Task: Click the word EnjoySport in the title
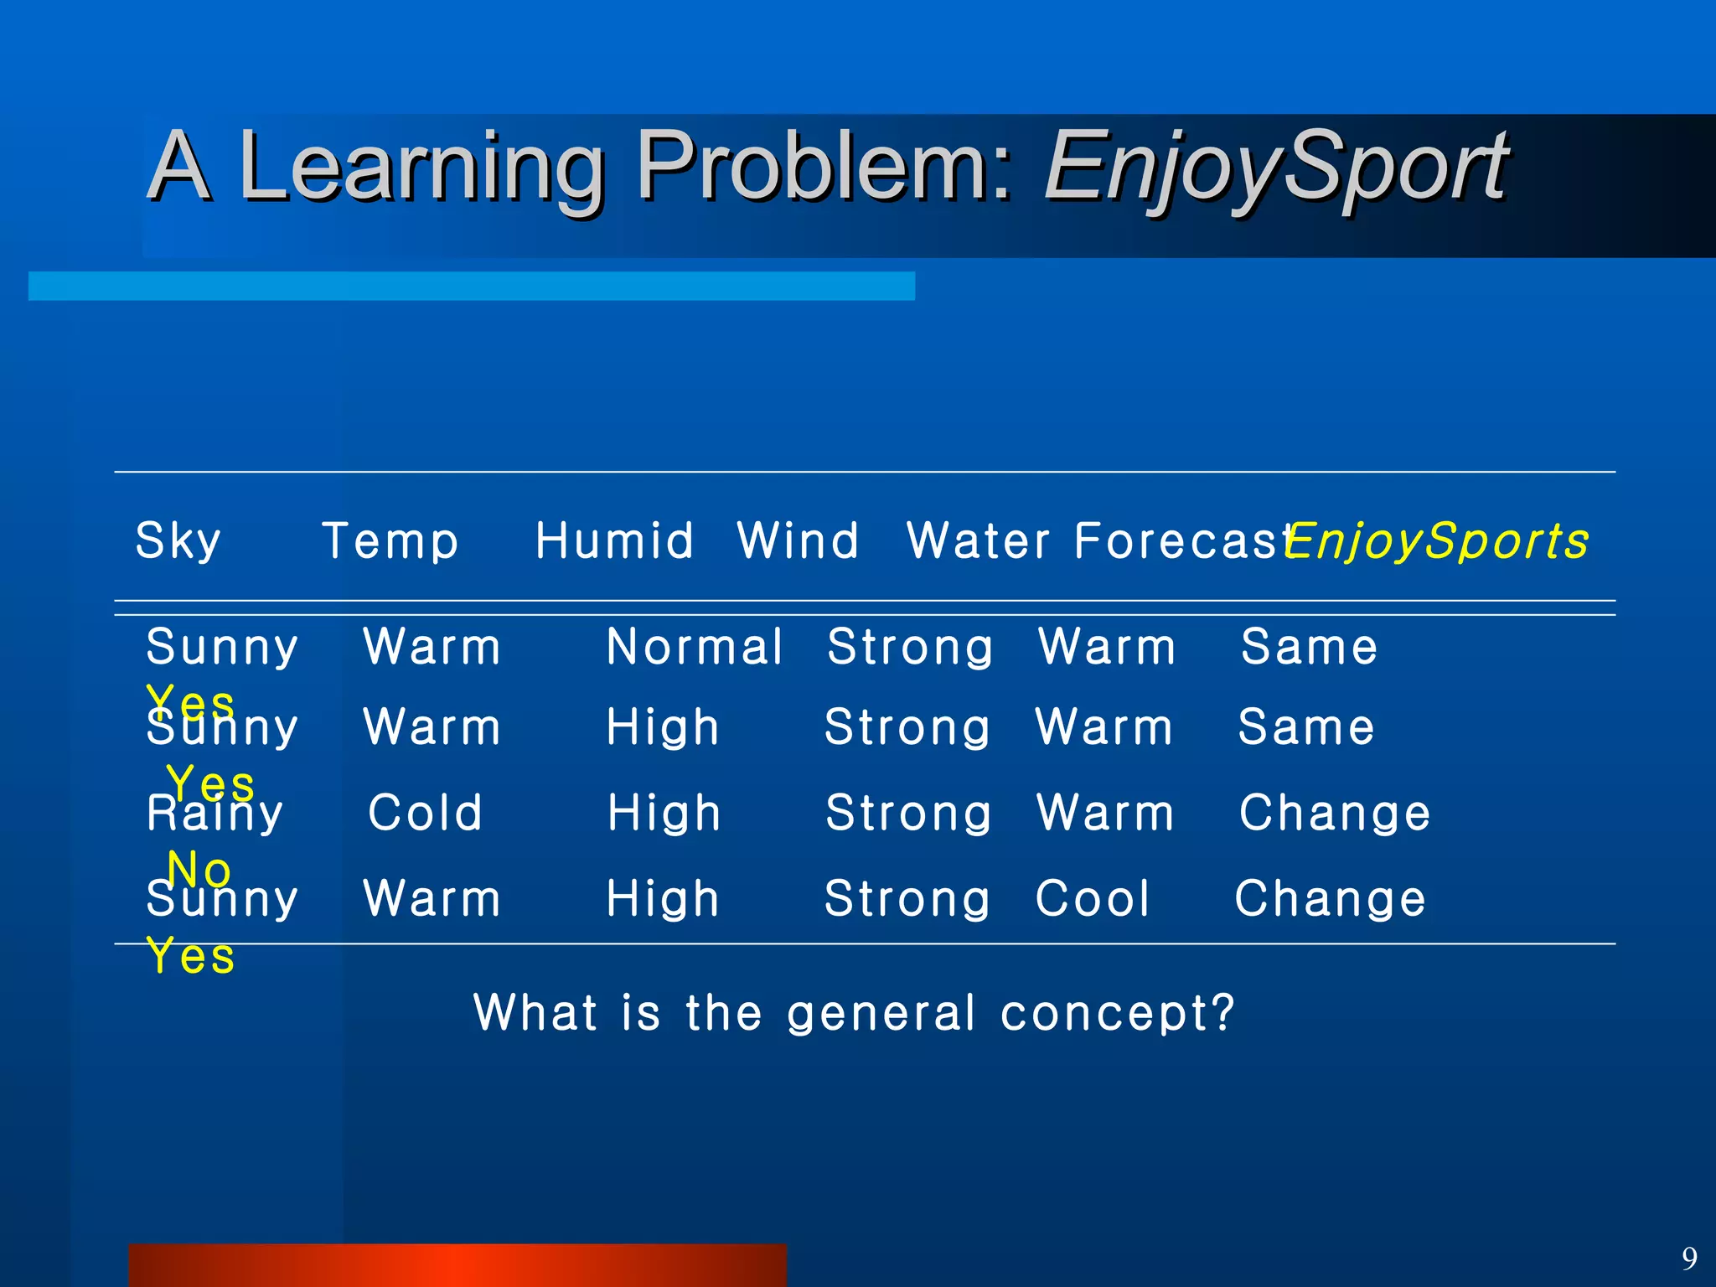[1275, 168]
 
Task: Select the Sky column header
[178, 541]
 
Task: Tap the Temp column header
[390, 541]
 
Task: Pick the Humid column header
[614, 541]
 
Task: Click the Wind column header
[798, 541]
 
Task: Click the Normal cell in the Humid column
[695, 648]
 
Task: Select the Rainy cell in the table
[215, 814]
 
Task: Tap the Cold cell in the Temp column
[426, 813]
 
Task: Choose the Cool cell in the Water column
[1093, 899]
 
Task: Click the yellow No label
[199, 871]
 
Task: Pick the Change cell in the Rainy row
[1335, 814]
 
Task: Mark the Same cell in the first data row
[1309, 648]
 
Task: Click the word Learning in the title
[421, 168]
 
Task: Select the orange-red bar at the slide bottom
[457, 1265]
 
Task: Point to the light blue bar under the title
[471, 286]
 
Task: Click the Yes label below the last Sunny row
[191, 957]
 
